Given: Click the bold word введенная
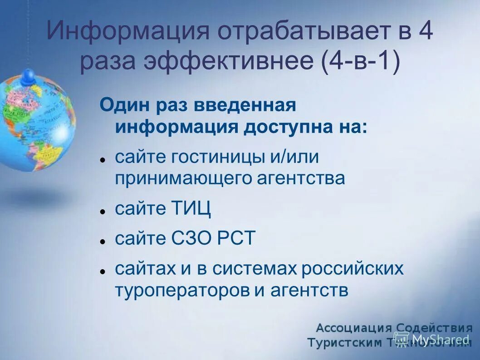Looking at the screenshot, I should click(245, 105).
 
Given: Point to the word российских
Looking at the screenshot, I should click(353, 268).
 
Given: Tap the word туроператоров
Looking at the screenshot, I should click(181, 290).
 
